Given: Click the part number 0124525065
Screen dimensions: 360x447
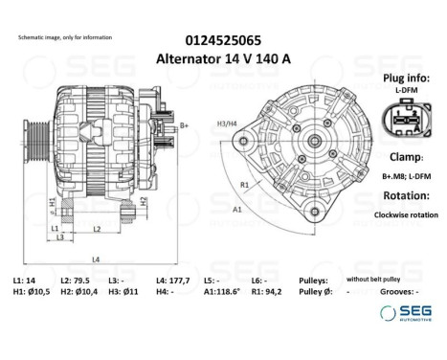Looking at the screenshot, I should click(x=223, y=41).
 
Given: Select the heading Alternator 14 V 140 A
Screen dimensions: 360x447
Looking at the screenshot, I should click(x=223, y=59).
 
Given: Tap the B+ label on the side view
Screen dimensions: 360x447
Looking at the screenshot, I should click(x=184, y=124).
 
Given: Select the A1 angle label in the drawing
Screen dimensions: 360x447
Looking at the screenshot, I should click(x=236, y=207).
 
